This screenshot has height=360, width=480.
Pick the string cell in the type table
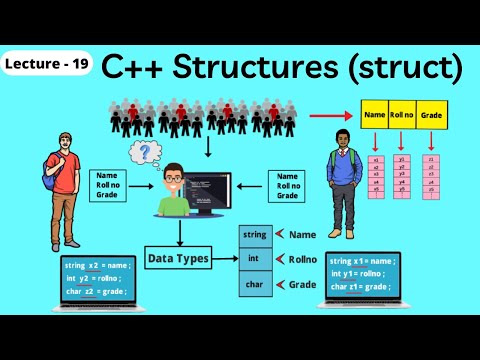coord(255,235)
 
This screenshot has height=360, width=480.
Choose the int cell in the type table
coord(255,259)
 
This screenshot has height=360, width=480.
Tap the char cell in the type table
coord(255,284)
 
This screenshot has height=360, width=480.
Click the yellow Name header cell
coord(376,116)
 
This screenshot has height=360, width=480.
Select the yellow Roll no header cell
coord(403,116)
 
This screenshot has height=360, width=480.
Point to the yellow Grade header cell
coord(431,116)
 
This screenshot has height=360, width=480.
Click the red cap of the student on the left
coord(60,137)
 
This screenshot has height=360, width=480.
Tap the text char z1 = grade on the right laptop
coord(364,288)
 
